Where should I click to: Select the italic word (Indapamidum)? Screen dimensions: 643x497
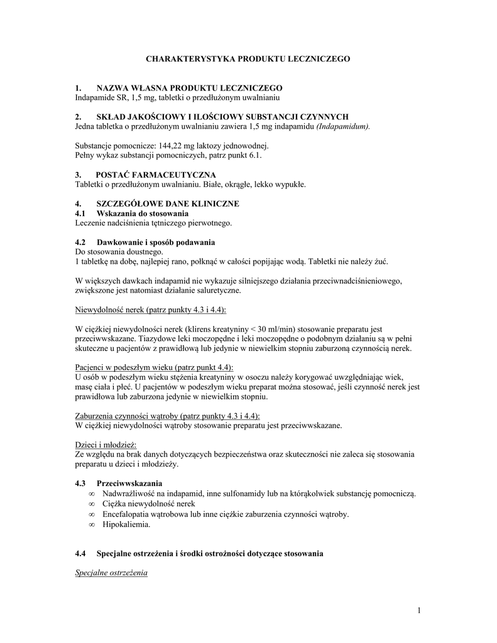pyautogui.click(x=345, y=126)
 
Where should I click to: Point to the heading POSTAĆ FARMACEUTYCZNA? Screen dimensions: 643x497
pyautogui.click(x=155, y=175)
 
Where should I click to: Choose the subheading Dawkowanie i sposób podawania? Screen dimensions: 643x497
pyautogui.click(x=155, y=242)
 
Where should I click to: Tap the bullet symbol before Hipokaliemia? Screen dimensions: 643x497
pyautogui.click(x=92, y=524)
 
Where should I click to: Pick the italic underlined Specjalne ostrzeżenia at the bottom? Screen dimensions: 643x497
pyautogui.click(x=111, y=573)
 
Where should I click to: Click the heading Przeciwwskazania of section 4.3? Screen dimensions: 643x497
pyautogui.click(x=129, y=484)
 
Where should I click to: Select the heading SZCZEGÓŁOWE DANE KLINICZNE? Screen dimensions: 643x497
pyautogui.click(x=167, y=204)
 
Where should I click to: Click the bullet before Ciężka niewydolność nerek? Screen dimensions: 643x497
pyautogui.click(x=92, y=504)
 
